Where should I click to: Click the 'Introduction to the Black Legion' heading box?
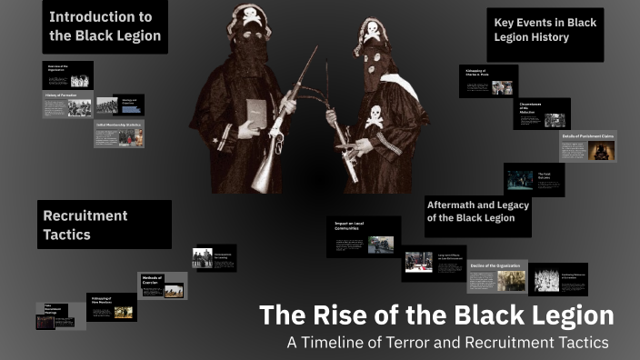pos(105,26)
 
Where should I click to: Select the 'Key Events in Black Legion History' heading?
pos(545,30)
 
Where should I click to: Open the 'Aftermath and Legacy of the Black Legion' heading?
pos(477,211)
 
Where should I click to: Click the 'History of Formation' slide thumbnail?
pos(67,105)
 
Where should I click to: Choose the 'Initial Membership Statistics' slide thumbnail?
pos(119,135)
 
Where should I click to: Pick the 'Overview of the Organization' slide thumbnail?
pos(67,75)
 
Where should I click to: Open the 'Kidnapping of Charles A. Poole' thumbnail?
pos(488,81)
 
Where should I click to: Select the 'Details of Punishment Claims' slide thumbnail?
pos(587,146)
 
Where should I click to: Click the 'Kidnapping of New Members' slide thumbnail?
pos(112,307)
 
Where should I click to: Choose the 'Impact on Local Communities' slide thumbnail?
pos(364,236)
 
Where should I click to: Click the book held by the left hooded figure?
pos(255,115)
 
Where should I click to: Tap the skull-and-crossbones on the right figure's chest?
pos(375,115)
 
